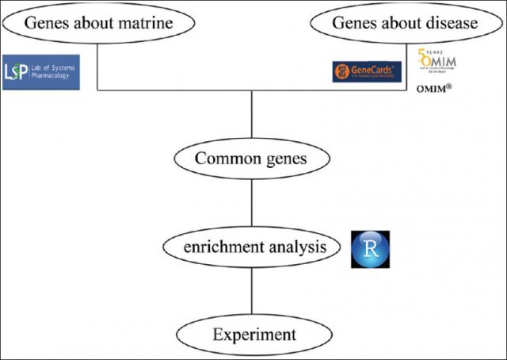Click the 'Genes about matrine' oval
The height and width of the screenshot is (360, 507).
(x=99, y=23)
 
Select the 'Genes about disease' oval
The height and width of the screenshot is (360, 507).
(x=405, y=23)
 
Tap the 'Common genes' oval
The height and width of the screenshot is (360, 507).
(x=251, y=160)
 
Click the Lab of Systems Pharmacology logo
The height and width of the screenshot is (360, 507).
(x=41, y=72)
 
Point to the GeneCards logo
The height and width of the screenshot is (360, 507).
(x=367, y=72)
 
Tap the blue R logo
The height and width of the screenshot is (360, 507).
(x=370, y=249)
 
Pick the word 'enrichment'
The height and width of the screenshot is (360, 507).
(x=215, y=248)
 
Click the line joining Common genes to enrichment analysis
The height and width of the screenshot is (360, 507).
(x=251, y=204)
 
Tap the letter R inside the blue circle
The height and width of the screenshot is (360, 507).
(x=370, y=249)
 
